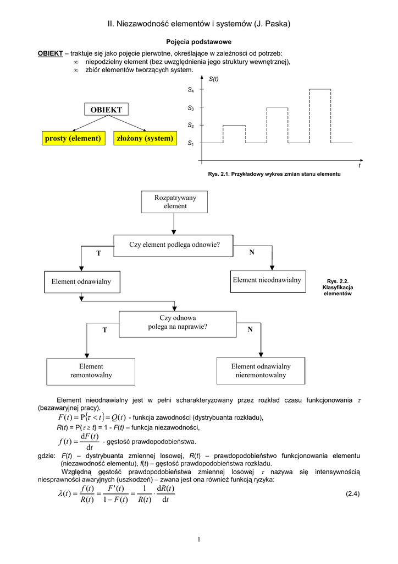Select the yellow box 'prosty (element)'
click(x=73, y=138)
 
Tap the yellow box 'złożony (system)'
click(x=145, y=138)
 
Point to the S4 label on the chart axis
click(x=190, y=89)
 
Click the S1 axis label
click(x=190, y=143)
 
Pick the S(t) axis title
click(x=214, y=79)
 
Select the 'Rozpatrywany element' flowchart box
click(x=174, y=202)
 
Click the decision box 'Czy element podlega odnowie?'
click(x=174, y=244)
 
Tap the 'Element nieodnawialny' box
click(x=267, y=280)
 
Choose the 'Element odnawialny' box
click(x=81, y=281)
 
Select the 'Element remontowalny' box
click(x=91, y=371)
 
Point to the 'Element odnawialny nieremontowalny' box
click(x=261, y=371)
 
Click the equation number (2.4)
click(x=352, y=493)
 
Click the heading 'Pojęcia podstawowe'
click(x=198, y=42)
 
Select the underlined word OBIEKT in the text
click(x=49, y=53)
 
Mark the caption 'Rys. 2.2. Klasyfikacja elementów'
click(x=338, y=287)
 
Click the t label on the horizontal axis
click(x=360, y=165)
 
